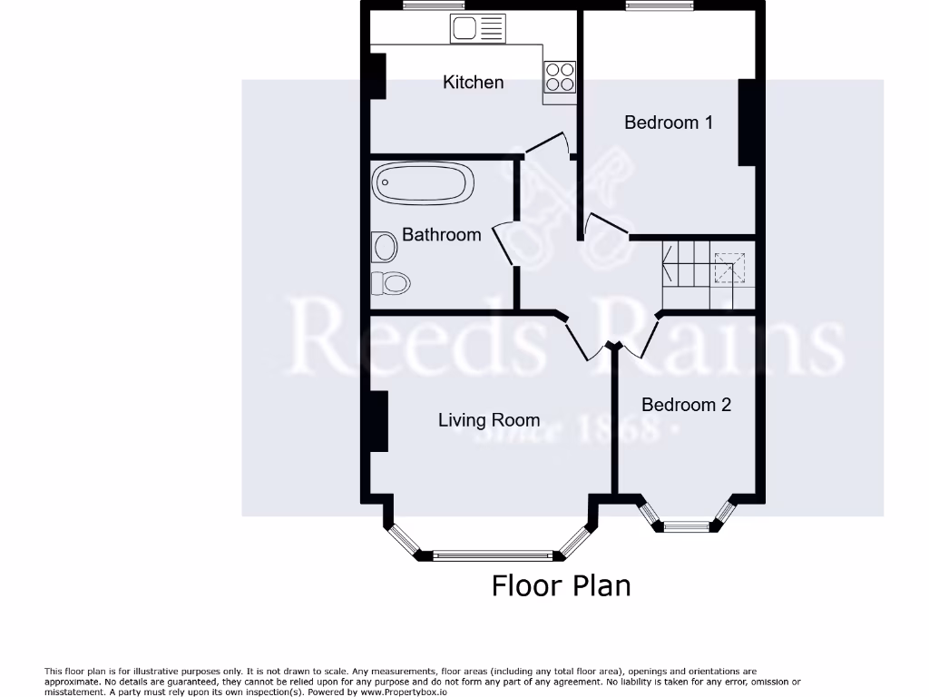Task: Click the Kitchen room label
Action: (x=473, y=83)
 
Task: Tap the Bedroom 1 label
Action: (x=668, y=123)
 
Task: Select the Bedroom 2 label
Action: (x=686, y=405)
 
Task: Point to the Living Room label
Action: (x=489, y=420)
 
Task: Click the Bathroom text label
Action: (x=441, y=235)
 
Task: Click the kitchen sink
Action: (x=477, y=30)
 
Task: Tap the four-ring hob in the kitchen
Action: (x=560, y=76)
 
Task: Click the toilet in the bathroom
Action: (x=391, y=283)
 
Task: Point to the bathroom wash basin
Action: (x=385, y=246)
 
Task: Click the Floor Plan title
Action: (x=561, y=585)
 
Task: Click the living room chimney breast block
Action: (x=378, y=421)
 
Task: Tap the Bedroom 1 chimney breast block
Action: (x=747, y=123)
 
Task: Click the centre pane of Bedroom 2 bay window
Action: (x=687, y=525)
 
